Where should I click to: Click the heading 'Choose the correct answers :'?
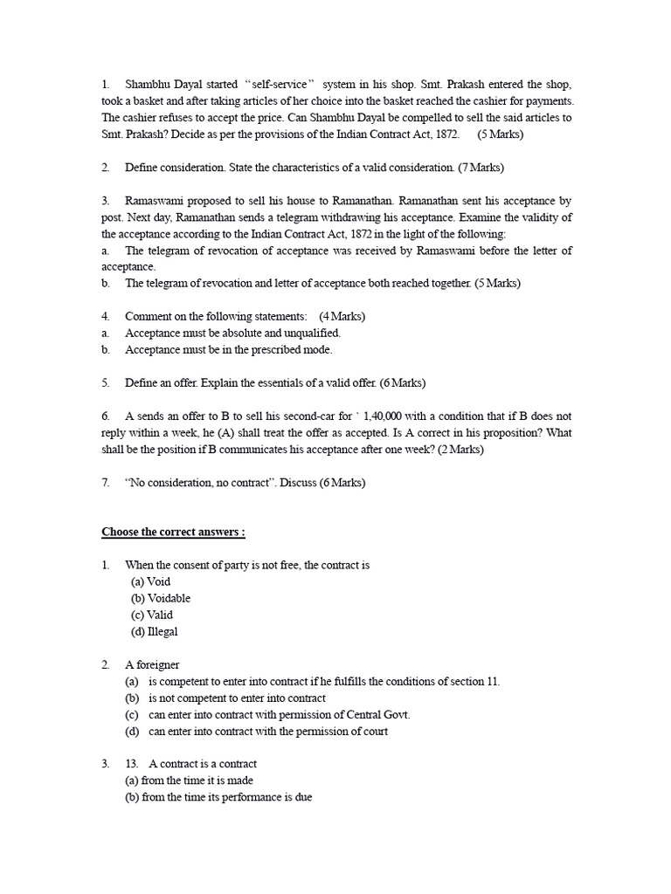click(174, 532)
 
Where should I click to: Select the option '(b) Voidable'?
click(161, 598)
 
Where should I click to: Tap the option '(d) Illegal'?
click(155, 631)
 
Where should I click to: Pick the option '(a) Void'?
click(151, 581)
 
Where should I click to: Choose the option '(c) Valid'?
click(153, 615)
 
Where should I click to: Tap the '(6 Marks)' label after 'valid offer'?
click(403, 383)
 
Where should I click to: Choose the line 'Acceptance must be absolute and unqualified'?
click(232, 333)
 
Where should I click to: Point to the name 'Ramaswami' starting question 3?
click(154, 200)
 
